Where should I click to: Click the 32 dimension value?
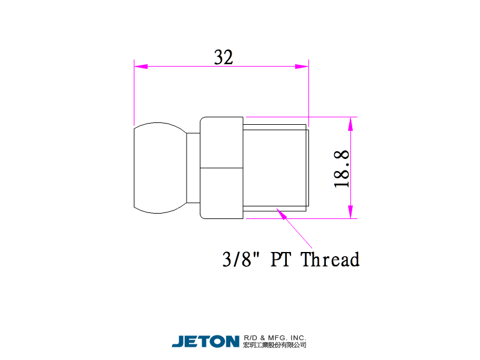click(x=223, y=57)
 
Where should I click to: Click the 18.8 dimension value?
click(x=341, y=169)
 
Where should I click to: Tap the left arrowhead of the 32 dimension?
click(x=141, y=67)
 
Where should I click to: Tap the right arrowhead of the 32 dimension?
click(x=302, y=67)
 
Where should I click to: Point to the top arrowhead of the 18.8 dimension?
click(x=350, y=124)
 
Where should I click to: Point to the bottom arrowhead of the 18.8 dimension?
click(x=350, y=212)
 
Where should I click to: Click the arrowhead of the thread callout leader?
click(x=281, y=214)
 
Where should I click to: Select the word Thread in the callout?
click(x=330, y=259)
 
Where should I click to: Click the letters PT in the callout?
click(x=280, y=259)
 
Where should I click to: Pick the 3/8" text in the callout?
click(x=241, y=259)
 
